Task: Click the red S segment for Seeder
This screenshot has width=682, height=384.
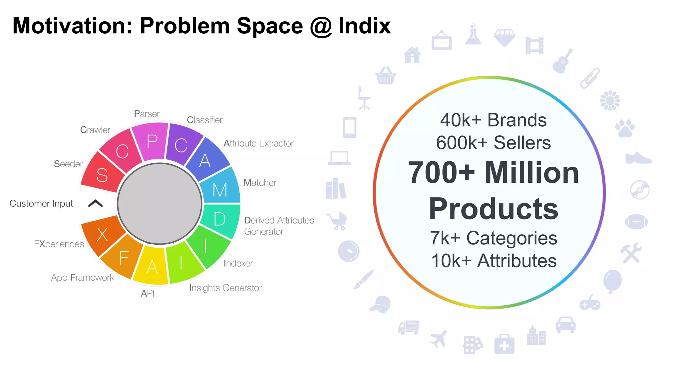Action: click(102, 174)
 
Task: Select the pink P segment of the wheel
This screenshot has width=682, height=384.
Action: click(152, 141)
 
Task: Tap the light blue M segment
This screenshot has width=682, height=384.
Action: click(220, 189)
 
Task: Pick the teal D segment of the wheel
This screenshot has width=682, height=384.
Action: click(220, 219)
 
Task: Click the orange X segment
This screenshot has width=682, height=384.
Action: click(103, 234)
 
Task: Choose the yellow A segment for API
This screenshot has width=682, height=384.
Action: click(152, 267)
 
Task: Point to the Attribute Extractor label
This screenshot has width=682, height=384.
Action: click(258, 143)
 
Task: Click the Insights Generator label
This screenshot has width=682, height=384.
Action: click(225, 288)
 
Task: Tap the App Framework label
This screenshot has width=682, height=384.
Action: click(83, 277)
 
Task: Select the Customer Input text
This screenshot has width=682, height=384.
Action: click(41, 203)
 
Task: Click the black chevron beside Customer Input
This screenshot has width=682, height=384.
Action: click(96, 203)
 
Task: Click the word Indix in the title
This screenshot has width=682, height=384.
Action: click(364, 26)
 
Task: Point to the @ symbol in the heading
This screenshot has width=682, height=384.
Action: click(321, 26)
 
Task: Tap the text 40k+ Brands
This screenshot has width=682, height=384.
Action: click(493, 120)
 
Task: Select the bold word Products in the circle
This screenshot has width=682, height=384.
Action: click(493, 209)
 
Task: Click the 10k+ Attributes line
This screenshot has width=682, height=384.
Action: click(494, 261)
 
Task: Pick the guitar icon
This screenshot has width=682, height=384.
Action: click(562, 61)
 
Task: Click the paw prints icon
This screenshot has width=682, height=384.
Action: click(625, 128)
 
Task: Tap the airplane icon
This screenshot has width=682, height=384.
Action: click(439, 339)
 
